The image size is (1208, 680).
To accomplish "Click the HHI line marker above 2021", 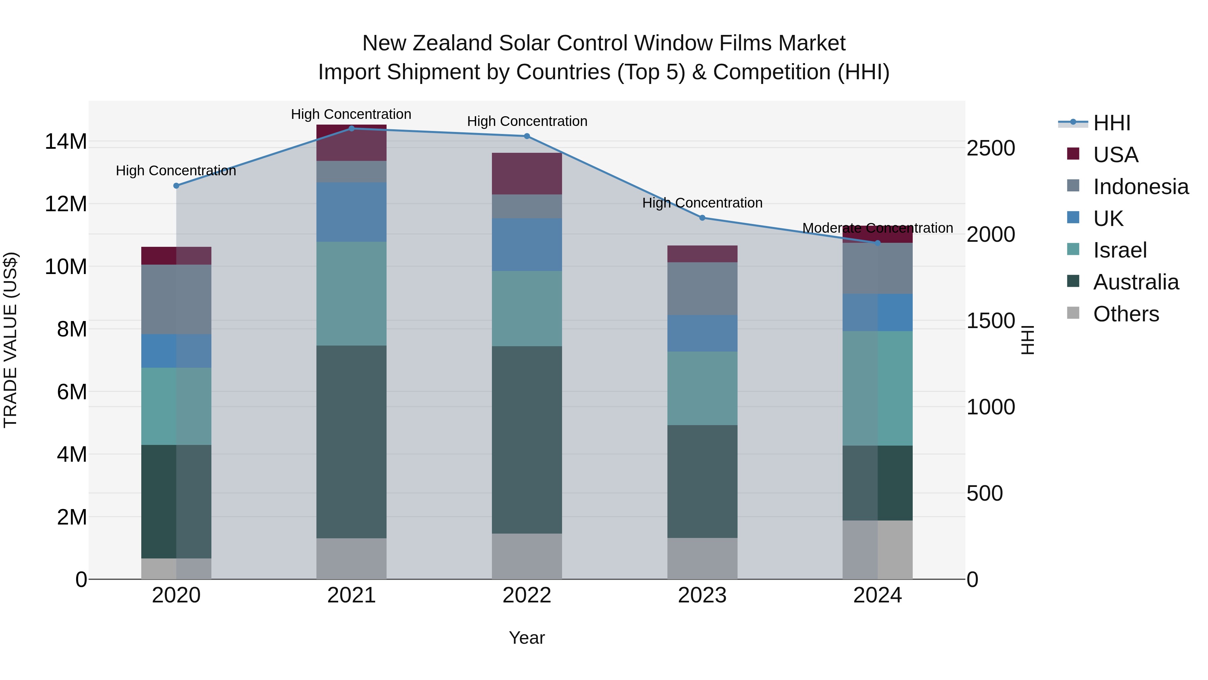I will click(351, 128).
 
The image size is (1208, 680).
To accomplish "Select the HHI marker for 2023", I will click(702, 218).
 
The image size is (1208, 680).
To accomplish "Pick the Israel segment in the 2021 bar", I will click(351, 294).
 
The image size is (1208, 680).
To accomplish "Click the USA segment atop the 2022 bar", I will click(526, 174).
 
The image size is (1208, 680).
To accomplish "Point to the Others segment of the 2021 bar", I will click(351, 558).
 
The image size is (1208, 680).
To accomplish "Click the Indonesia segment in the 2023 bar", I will click(702, 288).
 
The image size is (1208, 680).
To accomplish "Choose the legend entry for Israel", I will click(1119, 250).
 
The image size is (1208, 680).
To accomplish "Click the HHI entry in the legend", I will click(1111, 123).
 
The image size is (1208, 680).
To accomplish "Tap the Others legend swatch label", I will click(1125, 314).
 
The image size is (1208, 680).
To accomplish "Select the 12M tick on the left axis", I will click(66, 204).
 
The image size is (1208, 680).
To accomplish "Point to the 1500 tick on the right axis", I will click(991, 321).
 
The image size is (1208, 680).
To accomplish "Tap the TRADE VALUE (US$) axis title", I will click(10, 340).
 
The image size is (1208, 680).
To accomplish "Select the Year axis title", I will click(526, 638).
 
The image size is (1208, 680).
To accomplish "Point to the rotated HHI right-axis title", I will click(1027, 340).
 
